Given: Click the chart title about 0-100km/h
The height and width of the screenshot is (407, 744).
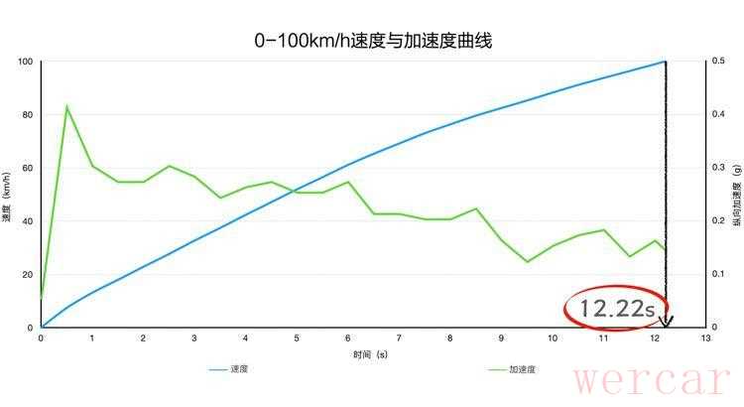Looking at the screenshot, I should pos(373,41).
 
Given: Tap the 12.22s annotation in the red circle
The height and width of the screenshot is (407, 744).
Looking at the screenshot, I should pos(617,310).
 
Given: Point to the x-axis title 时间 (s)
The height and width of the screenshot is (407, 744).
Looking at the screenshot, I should pos(370,353).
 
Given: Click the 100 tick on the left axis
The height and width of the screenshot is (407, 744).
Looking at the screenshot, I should pos(26,62).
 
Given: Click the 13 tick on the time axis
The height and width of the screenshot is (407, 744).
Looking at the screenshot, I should pos(705,339).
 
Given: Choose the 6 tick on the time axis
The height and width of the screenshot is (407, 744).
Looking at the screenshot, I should pos(347,339).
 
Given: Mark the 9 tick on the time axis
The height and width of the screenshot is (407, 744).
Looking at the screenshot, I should pos(501,339).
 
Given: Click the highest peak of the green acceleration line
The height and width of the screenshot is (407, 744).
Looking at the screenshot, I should pos(66,105).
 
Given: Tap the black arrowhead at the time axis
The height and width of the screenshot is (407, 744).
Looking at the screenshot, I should pos(667,322).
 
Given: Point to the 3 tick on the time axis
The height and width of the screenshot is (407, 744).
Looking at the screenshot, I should pos(194,339).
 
